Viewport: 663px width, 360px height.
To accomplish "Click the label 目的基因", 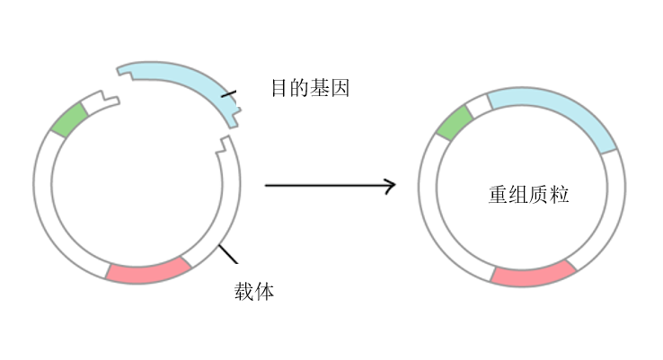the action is pyautogui.click(x=309, y=88).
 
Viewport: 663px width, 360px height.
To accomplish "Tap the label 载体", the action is pyautogui.click(x=253, y=291).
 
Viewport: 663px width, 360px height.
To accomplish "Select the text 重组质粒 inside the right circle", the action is pyautogui.click(x=528, y=194).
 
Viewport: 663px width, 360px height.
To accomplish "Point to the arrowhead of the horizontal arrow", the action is pyautogui.click(x=389, y=186).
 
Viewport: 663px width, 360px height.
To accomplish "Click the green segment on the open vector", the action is pyautogui.click(x=67, y=119).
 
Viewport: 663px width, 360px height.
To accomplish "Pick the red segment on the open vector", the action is pyautogui.click(x=148, y=269).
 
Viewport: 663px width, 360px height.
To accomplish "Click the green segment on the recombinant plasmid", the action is pyautogui.click(x=454, y=122).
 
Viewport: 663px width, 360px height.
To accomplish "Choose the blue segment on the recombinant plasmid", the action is pyautogui.click(x=552, y=112).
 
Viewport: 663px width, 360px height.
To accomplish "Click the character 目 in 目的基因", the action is pyautogui.click(x=279, y=88).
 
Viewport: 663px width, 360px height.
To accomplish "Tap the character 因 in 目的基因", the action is pyautogui.click(x=339, y=88).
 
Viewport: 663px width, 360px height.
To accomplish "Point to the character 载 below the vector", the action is pyautogui.click(x=243, y=291).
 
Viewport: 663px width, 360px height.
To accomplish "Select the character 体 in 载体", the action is pyautogui.click(x=264, y=291).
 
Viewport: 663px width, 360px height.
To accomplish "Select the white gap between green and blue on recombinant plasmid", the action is pyautogui.click(x=478, y=103).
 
